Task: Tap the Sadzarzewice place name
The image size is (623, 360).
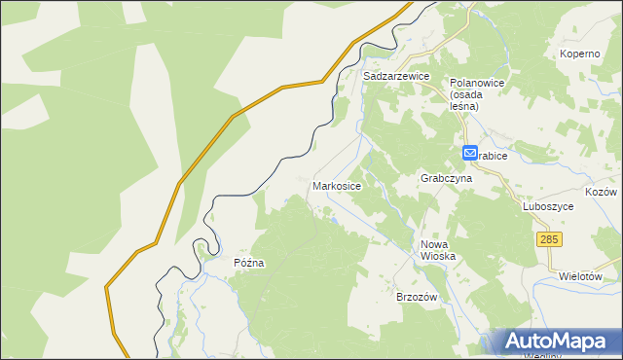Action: [395, 75]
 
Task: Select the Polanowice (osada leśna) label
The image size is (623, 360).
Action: [476, 94]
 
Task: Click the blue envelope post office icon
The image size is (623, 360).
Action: [469, 154]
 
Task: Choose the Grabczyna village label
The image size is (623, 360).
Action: [446, 179]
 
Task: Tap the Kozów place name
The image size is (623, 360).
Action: [601, 193]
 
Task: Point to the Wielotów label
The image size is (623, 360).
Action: [582, 276]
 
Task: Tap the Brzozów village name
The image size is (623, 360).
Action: [420, 296]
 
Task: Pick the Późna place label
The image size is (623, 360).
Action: [249, 263]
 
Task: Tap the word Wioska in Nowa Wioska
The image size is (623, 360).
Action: [438, 256]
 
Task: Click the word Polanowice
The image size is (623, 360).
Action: [476, 84]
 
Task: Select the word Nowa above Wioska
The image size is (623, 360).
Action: [435, 244]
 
